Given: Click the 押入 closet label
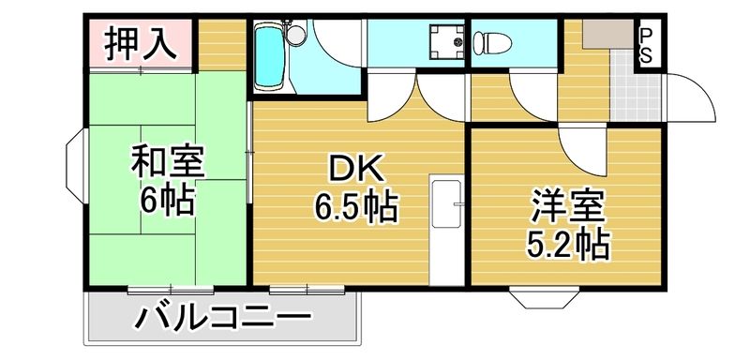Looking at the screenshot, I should click(142, 44).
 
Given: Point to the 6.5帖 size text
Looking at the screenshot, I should click(355, 205).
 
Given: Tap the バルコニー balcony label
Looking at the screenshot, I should click(222, 319).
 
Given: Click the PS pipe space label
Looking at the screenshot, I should click(647, 45).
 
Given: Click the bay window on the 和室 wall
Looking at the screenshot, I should click(76, 168).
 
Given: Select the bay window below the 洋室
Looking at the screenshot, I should click(546, 299).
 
